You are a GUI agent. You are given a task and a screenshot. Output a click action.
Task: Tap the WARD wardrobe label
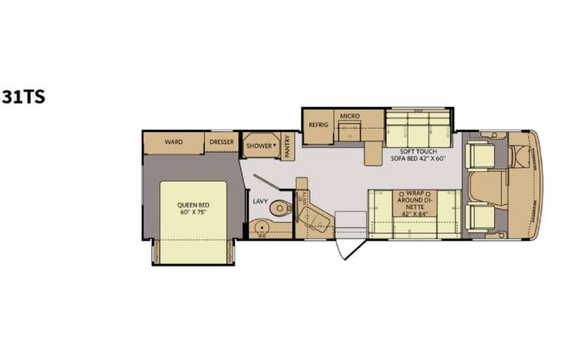[x=172, y=141]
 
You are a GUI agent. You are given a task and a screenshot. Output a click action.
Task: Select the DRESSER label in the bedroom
[x=222, y=141]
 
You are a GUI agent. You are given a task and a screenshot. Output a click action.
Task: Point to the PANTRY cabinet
[x=287, y=146]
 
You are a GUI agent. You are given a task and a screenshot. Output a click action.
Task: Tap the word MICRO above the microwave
[x=350, y=117]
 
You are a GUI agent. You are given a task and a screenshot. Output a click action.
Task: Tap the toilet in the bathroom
[x=282, y=206]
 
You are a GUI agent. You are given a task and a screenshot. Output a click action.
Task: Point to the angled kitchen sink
[x=318, y=223]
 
